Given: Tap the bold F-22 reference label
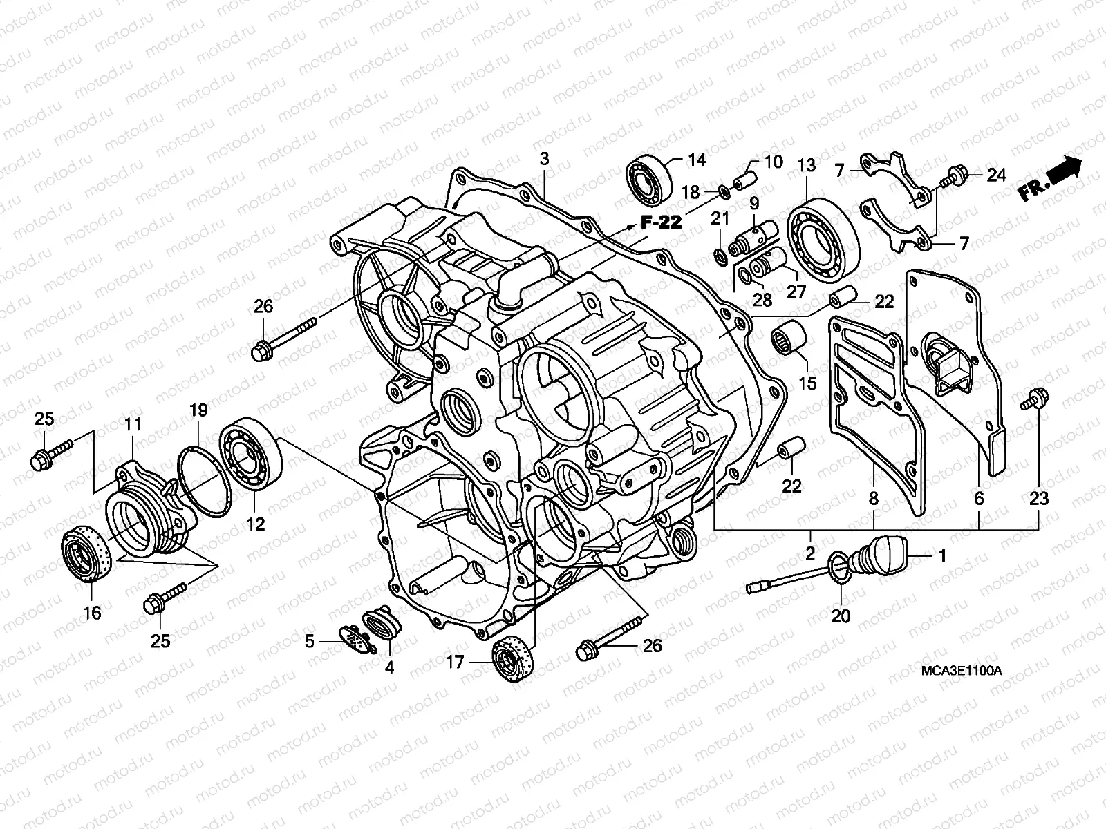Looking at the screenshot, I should coord(660,222).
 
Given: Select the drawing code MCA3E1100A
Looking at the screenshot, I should coord(962,671).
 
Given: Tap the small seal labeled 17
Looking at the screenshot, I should coord(514,657).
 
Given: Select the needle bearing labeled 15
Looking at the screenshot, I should coord(790,339).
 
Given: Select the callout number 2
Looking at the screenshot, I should coord(810,553).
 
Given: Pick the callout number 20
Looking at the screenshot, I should coord(841,615).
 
